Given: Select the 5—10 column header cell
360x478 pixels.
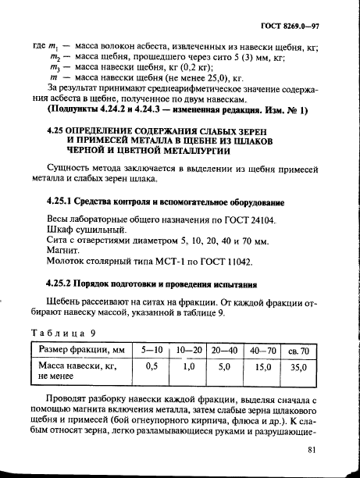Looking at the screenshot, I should tap(151, 349).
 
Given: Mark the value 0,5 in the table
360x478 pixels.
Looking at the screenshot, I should tap(151, 365).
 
